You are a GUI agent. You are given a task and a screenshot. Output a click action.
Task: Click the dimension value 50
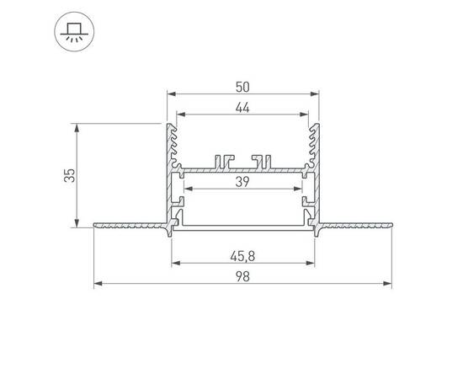(243, 86)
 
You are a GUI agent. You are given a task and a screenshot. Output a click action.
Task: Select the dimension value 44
(243, 107)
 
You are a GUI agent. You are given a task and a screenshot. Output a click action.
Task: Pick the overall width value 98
(243, 275)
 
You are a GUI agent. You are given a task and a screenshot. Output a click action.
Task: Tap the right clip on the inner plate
(262, 160)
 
